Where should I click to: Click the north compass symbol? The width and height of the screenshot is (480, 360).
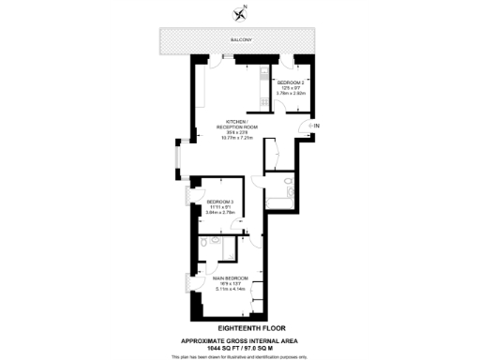point(241,12)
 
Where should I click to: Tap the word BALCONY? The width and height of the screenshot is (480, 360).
point(241,40)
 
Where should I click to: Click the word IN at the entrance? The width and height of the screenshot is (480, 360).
point(316,126)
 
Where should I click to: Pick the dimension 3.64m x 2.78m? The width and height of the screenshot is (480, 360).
point(220,213)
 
